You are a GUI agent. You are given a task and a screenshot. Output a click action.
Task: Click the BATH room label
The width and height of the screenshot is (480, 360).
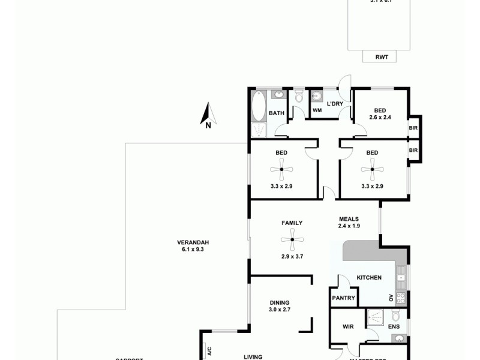click(276, 113)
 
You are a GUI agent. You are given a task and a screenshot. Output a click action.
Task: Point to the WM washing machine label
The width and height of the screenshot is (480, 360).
click(317, 110)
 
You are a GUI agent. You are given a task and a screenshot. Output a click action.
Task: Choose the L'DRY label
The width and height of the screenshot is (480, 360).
click(334, 104)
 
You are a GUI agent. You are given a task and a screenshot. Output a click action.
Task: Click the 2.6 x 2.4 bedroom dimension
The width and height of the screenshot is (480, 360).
click(380, 118)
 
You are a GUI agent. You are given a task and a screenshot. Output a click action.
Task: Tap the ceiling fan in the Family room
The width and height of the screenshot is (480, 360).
click(292, 240)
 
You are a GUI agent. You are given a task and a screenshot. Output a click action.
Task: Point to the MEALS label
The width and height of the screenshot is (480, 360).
click(349, 218)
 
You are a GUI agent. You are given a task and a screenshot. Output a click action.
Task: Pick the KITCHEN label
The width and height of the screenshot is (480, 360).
click(369, 278)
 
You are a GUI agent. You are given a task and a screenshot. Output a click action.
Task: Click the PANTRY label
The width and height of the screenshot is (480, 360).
click(344, 298)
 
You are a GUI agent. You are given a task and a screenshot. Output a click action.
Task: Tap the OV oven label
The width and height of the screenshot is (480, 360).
click(391, 297)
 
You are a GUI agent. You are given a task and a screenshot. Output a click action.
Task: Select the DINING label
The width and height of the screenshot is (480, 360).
click(280, 302)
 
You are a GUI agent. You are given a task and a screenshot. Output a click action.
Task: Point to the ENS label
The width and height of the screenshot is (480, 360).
click(394, 327)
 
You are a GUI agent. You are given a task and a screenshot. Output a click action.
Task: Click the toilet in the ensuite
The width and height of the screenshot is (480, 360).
click(395, 316)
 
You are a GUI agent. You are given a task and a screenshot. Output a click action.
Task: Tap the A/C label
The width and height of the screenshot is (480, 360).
click(209, 352)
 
